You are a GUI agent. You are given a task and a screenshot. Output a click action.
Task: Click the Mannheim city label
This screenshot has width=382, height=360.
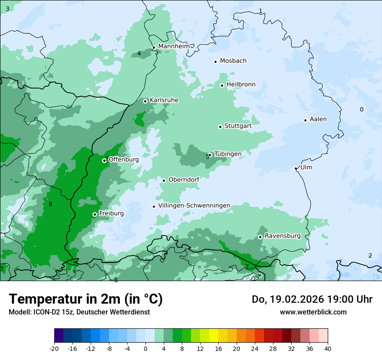174,46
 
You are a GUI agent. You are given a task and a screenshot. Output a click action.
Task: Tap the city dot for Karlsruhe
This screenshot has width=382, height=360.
145,101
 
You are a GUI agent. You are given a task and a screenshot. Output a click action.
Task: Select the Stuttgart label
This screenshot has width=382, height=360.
238,126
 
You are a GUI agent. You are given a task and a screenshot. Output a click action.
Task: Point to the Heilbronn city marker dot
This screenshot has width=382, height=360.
222,85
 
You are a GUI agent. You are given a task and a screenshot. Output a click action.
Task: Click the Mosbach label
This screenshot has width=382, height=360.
233,61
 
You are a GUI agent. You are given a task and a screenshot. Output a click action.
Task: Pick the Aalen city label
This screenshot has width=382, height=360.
318,119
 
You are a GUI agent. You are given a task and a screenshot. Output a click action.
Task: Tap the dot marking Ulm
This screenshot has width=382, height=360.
296,168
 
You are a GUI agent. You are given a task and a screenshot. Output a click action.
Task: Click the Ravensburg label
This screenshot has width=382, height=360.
283,236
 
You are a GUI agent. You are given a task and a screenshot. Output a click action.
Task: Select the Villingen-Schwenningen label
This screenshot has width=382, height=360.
194,206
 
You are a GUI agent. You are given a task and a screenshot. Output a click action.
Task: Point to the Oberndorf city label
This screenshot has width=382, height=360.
184,180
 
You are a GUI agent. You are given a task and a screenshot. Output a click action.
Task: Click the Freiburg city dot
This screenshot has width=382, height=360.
95,214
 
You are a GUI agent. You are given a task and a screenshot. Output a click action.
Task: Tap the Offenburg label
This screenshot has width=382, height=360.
124,160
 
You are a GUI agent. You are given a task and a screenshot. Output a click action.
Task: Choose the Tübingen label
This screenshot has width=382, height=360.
228,154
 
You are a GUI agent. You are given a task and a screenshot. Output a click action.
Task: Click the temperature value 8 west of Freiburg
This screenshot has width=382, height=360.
50,204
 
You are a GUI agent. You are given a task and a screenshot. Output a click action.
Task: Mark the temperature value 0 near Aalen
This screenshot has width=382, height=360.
362,110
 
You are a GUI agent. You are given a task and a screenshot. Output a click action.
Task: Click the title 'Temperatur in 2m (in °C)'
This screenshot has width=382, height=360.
86,299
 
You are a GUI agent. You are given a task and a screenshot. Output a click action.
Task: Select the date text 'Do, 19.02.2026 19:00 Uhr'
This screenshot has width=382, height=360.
312,299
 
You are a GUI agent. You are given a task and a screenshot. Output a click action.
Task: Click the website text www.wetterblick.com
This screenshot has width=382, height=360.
313,312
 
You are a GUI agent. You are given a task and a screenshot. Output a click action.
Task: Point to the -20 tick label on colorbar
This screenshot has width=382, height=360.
54,349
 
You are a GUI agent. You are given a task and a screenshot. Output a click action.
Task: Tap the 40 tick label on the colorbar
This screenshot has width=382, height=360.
327,349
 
